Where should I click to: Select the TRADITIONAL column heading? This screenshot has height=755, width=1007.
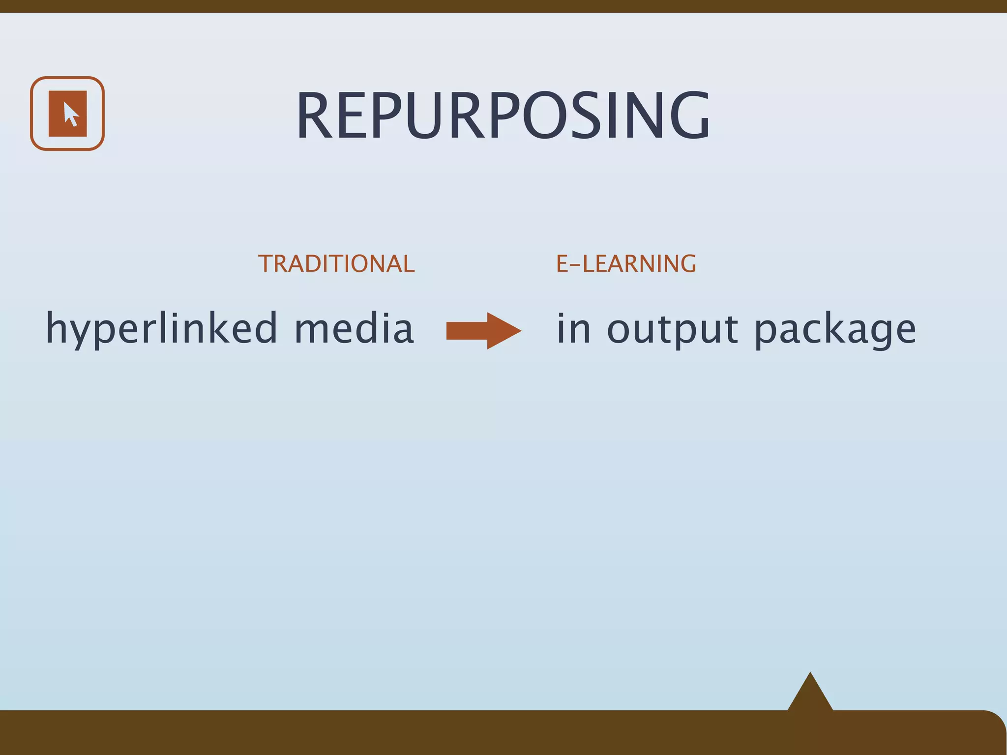point(336,264)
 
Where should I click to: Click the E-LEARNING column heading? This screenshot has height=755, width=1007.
point(626,264)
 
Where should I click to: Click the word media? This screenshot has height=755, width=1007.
point(354,328)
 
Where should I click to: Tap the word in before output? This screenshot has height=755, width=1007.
point(573,328)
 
